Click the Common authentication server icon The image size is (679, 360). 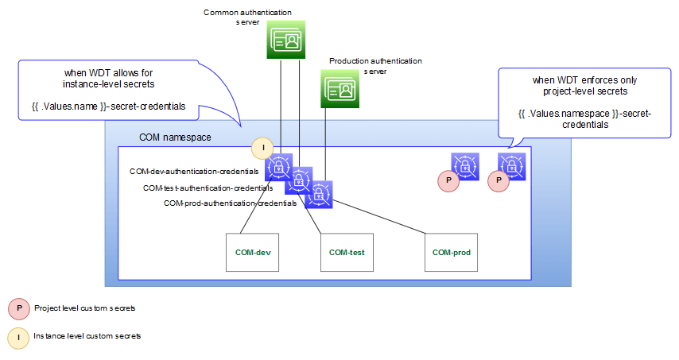pyautogui.click(x=285, y=40)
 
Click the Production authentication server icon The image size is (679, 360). pyautogui.click(x=340, y=87)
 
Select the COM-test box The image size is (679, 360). pyautogui.click(x=347, y=253)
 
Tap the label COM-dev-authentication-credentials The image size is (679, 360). pyautogui.click(x=195, y=171)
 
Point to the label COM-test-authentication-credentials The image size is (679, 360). pyautogui.click(x=208, y=188)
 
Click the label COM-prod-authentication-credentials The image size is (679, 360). pyautogui.click(x=230, y=203)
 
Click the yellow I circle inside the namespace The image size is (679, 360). pyautogui.click(x=262, y=148)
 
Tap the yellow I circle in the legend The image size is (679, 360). pyautogui.click(x=17, y=337)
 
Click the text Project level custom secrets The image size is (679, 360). pyautogui.click(x=80, y=307)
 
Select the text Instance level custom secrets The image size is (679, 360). pyautogui.click(x=87, y=336)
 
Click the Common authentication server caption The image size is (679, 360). pyautogui.click(x=247, y=17)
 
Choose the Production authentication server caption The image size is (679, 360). pyautogui.click(x=375, y=65)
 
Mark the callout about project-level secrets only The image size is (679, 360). pyautogui.click(x=584, y=103)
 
